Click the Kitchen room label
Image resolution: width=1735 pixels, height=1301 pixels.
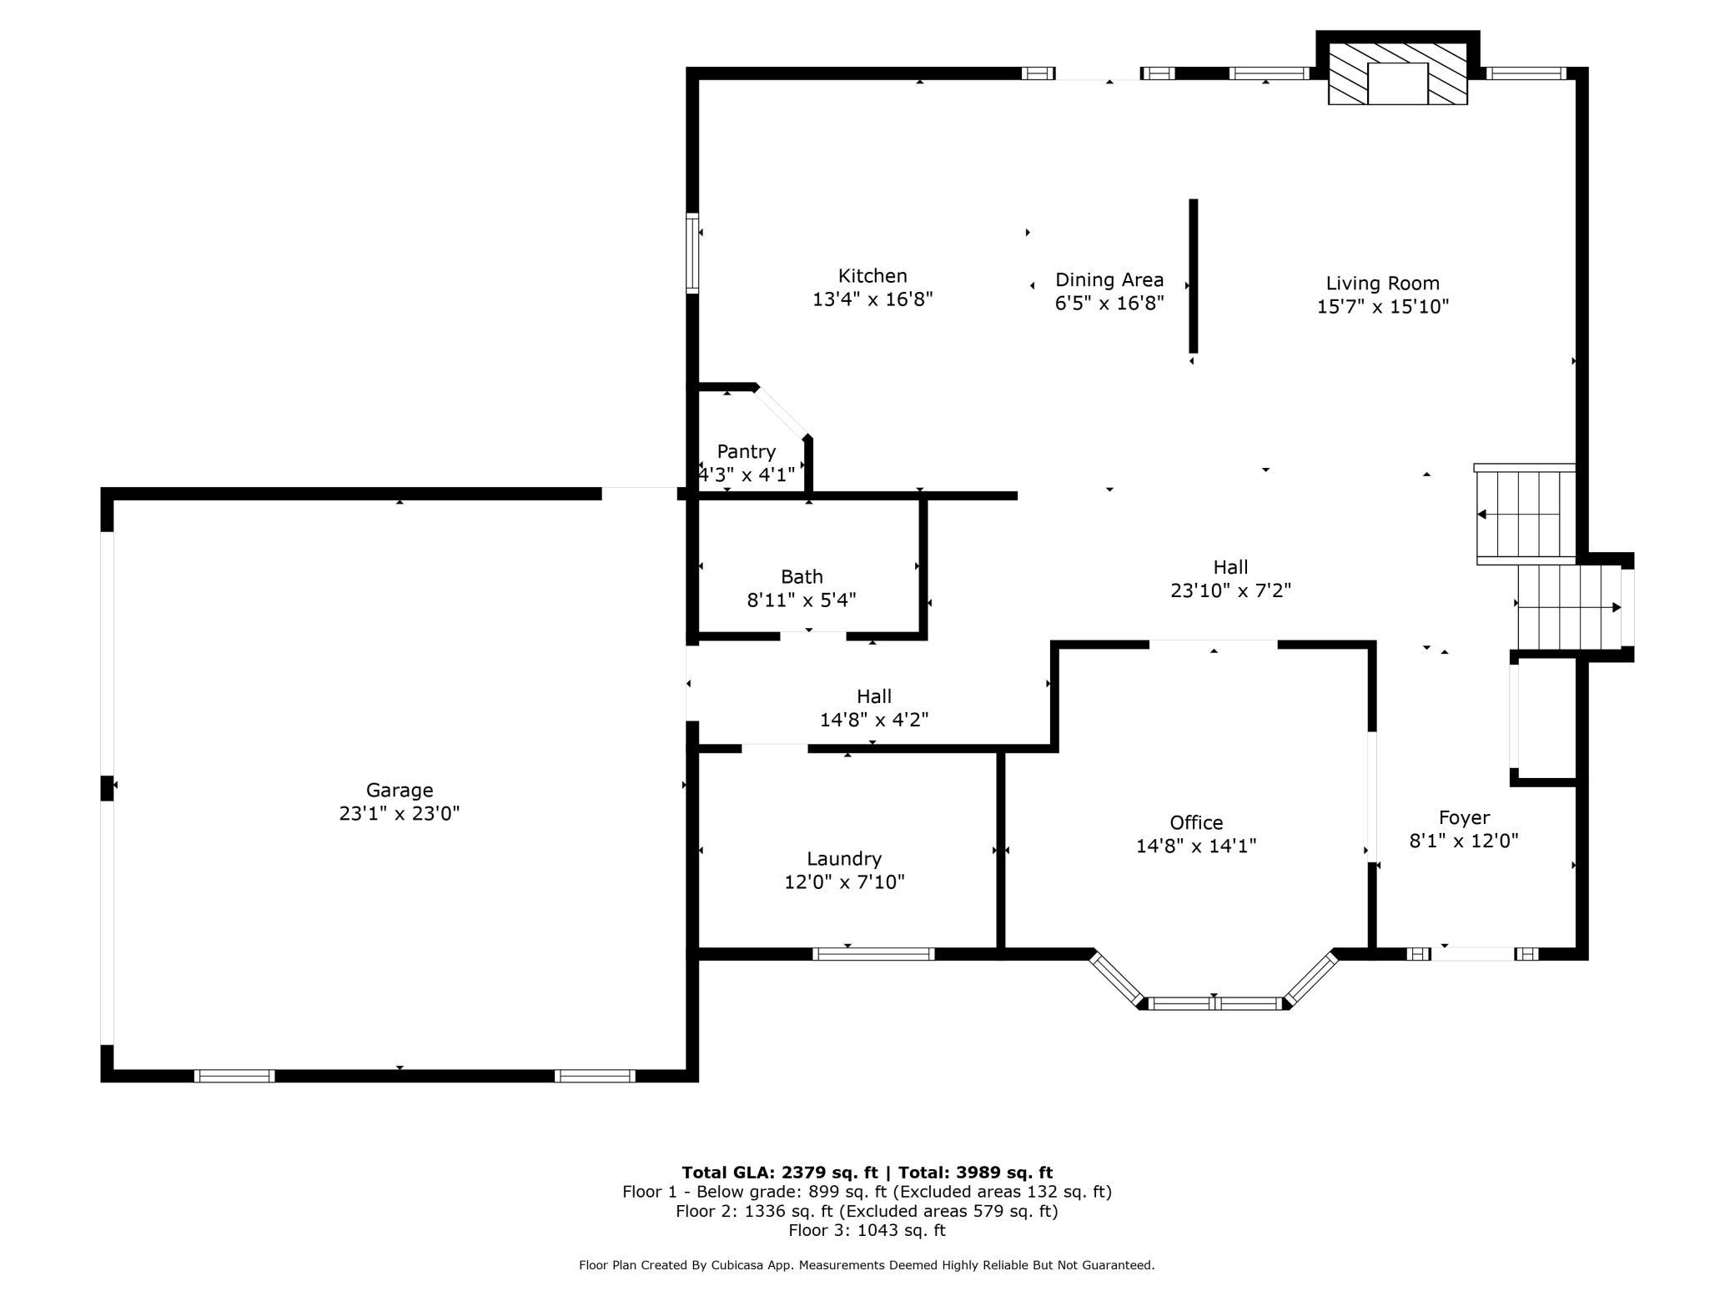(x=873, y=276)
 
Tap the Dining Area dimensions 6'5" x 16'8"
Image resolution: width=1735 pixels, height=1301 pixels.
(x=1109, y=303)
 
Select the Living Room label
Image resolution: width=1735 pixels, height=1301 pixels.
(x=1383, y=284)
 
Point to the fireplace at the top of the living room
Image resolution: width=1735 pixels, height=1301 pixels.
(x=1398, y=73)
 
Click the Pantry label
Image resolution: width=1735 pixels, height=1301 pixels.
(x=747, y=452)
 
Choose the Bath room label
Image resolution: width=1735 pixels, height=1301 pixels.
(x=802, y=576)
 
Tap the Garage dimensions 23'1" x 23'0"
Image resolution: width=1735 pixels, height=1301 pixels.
(x=400, y=814)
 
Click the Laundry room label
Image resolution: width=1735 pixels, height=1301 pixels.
(x=844, y=859)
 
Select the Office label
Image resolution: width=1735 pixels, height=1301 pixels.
(x=1196, y=823)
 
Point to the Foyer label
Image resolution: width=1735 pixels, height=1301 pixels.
(x=1464, y=818)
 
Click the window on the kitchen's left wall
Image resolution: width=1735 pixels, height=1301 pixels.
(x=692, y=254)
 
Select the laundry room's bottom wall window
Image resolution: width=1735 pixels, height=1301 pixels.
(x=873, y=954)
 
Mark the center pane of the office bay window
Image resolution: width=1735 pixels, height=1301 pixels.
(x=1214, y=1003)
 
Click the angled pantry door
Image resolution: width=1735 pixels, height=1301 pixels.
(x=782, y=412)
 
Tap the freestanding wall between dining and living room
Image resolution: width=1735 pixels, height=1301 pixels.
(x=1194, y=276)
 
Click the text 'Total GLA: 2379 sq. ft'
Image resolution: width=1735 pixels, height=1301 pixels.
(x=780, y=1173)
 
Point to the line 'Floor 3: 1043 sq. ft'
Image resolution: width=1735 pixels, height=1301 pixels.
(x=867, y=1230)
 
